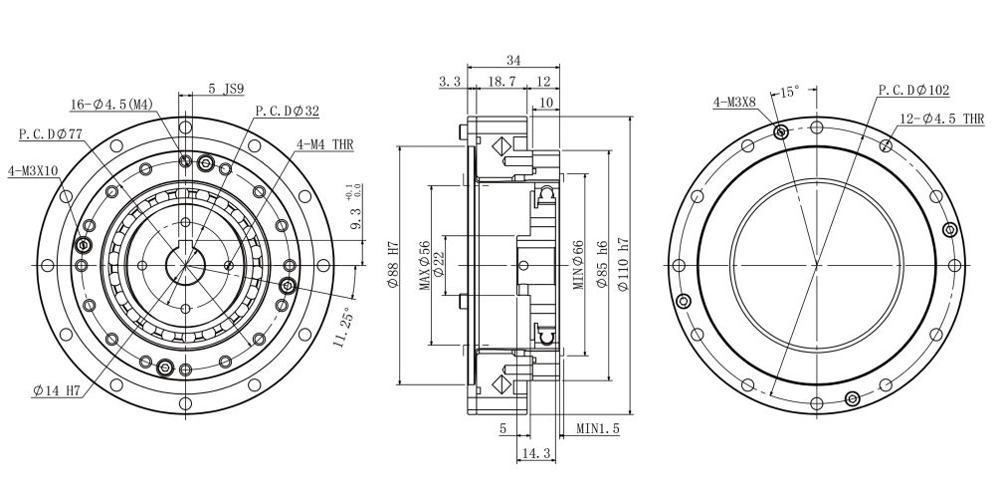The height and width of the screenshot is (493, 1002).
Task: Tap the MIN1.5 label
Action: (598, 430)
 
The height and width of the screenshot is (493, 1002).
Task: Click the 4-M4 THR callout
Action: (324, 143)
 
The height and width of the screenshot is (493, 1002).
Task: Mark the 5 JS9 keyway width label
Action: (226, 88)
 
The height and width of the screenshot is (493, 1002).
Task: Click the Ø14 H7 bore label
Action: (56, 391)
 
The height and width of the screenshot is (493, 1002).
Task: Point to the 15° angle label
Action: (788, 93)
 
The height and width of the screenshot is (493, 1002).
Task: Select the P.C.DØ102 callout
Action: (913, 90)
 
